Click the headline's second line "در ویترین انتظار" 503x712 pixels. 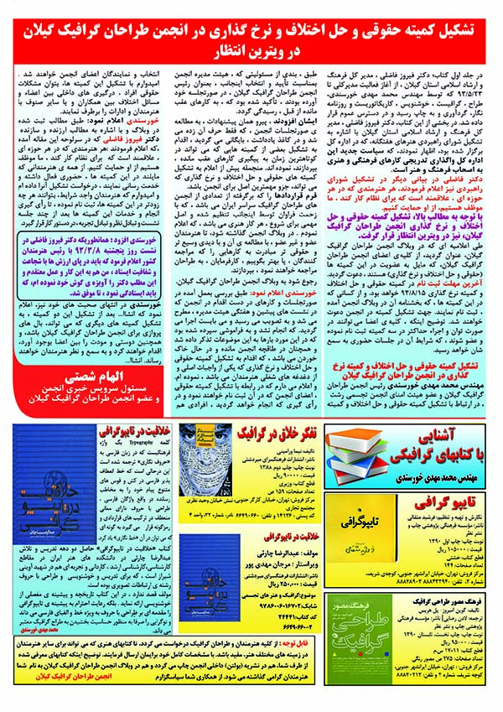251,50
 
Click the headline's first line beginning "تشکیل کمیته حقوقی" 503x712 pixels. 251,28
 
